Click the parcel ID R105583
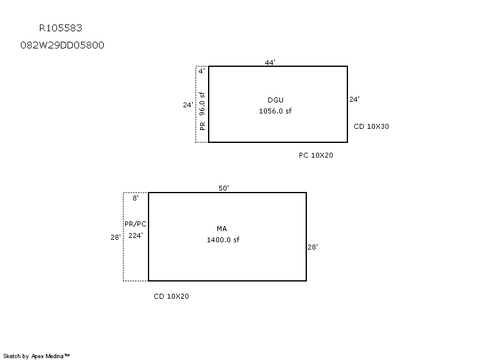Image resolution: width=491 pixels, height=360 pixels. tap(60, 28)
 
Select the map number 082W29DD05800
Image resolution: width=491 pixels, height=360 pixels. tap(62, 45)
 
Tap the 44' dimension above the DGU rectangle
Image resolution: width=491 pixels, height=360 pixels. tap(270, 63)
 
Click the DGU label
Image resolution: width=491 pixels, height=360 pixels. tap(276, 100)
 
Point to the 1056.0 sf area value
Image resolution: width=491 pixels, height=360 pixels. tap(275, 111)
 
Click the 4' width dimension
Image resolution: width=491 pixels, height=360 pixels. tap(202, 71)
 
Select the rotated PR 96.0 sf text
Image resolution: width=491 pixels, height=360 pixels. tap(203, 111)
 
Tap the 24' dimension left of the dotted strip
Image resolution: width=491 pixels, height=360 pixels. tap(188, 105)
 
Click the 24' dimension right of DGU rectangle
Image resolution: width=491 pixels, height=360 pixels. tap(355, 99)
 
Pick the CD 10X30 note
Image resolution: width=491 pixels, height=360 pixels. tap(371, 126)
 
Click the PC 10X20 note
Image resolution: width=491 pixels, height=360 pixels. tap(316, 155)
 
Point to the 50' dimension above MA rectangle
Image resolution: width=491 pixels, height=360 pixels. tap(223, 188)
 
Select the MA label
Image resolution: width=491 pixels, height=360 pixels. tap(222, 229)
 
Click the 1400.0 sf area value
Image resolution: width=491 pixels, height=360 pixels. tap(223, 240)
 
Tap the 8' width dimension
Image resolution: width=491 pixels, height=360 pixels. tap(136, 198)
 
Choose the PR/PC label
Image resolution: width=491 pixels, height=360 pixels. tap(136, 224)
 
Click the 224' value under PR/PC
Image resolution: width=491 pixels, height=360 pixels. tap(136, 236)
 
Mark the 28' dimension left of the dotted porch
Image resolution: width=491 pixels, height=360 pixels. tap(115, 237)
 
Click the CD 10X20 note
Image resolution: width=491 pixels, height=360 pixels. tap(171, 296)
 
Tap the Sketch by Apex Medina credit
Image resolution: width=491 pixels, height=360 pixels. tap(37, 356)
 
